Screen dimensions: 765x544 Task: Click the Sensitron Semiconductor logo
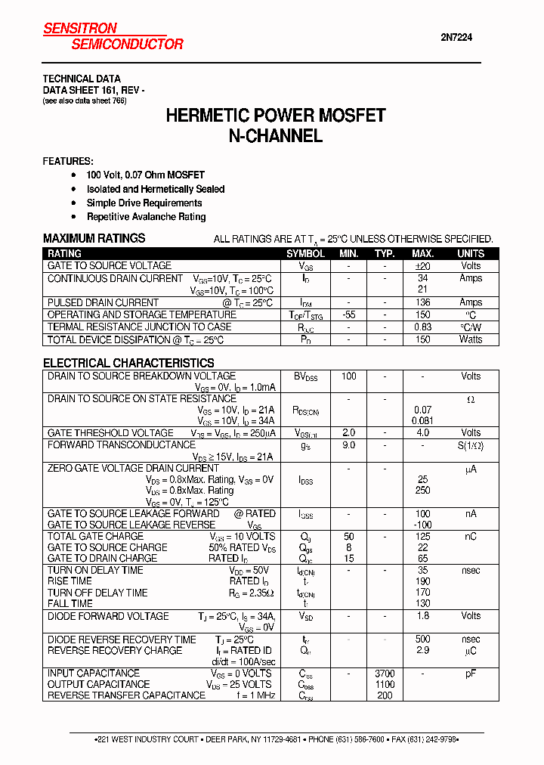tap(113, 36)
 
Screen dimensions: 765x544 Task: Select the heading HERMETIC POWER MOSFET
tap(276, 116)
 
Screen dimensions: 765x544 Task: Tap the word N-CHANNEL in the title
tap(276, 136)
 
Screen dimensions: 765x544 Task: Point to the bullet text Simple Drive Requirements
tap(144, 203)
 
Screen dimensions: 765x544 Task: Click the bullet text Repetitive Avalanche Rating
tap(146, 216)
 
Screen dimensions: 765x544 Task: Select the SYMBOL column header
tap(305, 254)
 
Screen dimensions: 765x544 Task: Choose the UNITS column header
tap(471, 254)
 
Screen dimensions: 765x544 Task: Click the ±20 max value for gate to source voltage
tap(422, 266)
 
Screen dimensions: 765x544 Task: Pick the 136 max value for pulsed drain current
tap(422, 302)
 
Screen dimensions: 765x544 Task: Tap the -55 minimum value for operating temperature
tap(348, 314)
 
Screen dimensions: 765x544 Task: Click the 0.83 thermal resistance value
tap(422, 327)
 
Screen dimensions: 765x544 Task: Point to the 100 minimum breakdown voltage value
tap(348, 376)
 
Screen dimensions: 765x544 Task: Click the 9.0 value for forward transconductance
tap(348, 445)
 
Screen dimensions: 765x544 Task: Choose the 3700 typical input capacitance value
tap(385, 673)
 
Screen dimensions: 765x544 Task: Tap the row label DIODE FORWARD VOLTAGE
tap(108, 616)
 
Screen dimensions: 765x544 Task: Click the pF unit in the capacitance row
tap(471, 673)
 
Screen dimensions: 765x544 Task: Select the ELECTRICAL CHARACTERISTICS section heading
tap(128, 363)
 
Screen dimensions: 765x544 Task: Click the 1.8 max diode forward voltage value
tap(422, 616)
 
